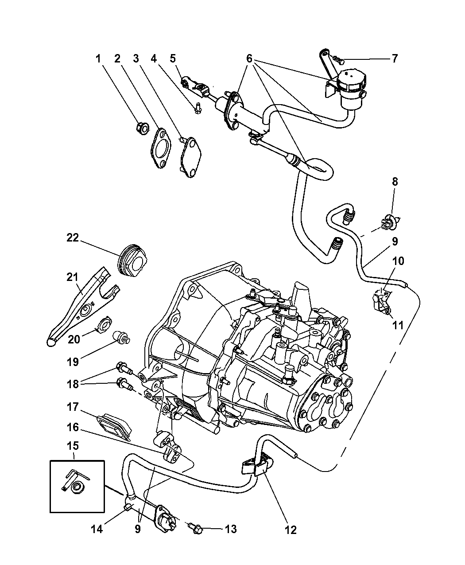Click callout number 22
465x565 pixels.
72,238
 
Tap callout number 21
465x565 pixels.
72,278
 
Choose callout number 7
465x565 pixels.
394,58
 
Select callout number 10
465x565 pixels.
398,261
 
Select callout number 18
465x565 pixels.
72,384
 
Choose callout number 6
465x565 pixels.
249,58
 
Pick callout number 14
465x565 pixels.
97,529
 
